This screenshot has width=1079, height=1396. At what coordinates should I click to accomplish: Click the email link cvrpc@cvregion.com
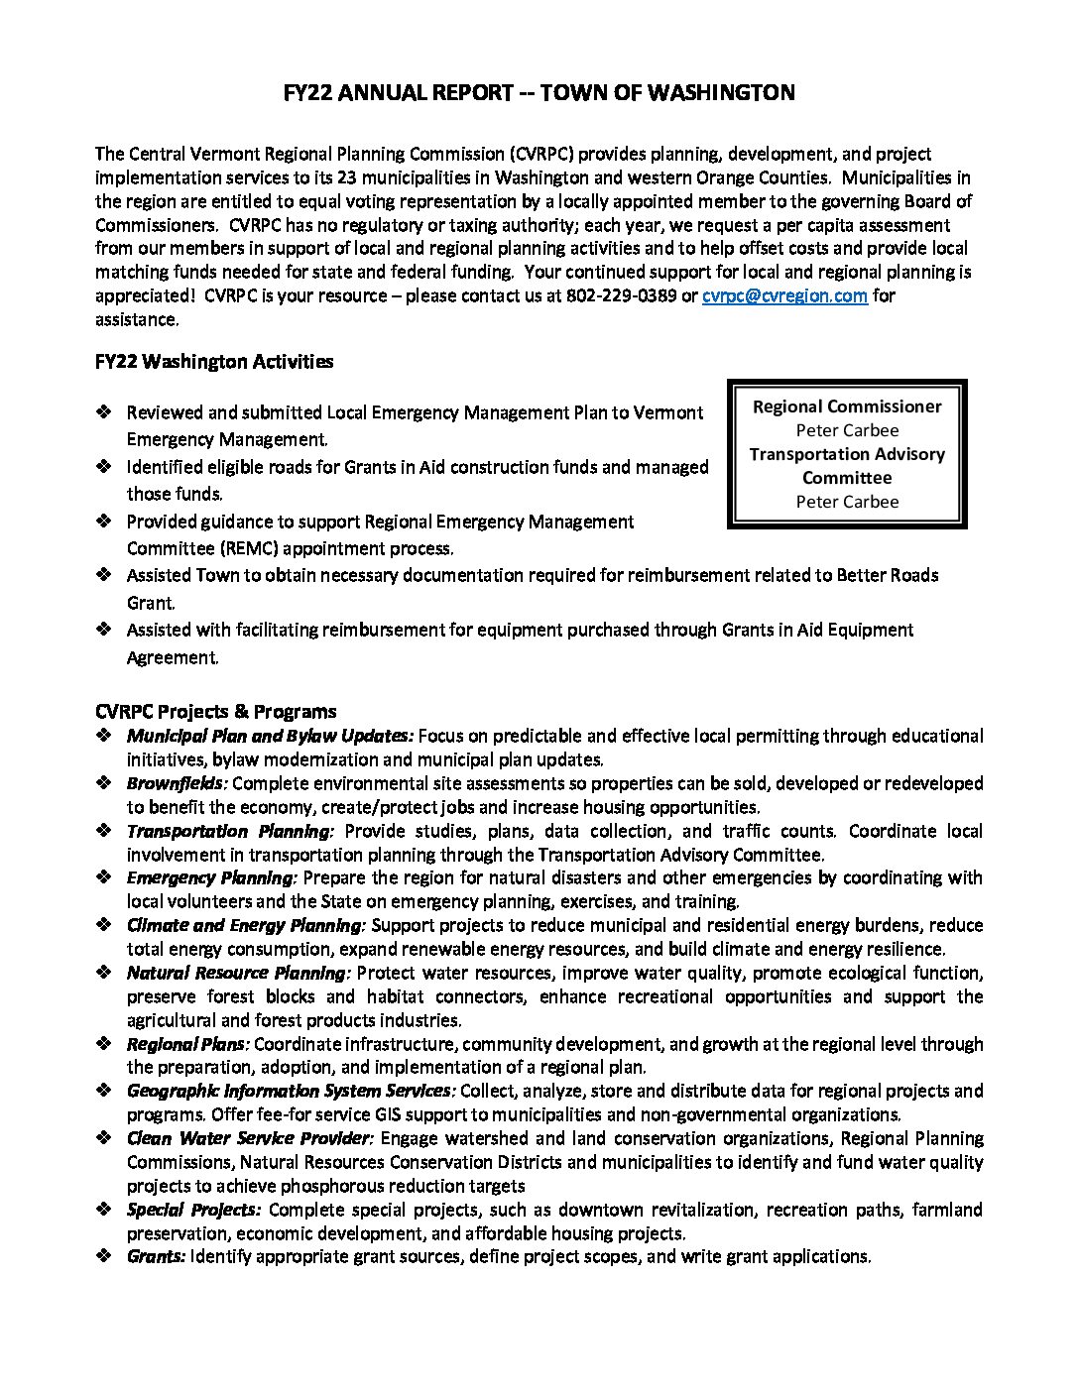click(x=784, y=295)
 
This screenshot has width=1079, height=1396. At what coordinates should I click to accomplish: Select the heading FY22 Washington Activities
click(x=214, y=362)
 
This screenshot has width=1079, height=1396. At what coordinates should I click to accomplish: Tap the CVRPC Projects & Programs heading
click(x=215, y=711)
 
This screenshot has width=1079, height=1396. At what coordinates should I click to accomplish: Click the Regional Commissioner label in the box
click(x=847, y=407)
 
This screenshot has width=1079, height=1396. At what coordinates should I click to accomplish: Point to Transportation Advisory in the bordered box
click(x=847, y=454)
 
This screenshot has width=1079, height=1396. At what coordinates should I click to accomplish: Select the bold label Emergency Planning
click(x=211, y=877)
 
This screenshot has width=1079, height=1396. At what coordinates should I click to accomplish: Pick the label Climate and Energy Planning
click(x=246, y=925)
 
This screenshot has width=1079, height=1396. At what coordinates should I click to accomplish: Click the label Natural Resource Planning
click(x=238, y=973)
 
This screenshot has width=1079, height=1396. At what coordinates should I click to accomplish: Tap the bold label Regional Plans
click(x=187, y=1044)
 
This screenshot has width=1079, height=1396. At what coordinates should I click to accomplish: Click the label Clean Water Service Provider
click(x=249, y=1138)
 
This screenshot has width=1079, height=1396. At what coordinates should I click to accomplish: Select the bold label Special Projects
click(x=193, y=1210)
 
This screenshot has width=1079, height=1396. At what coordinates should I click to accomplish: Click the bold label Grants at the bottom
click(x=156, y=1256)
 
